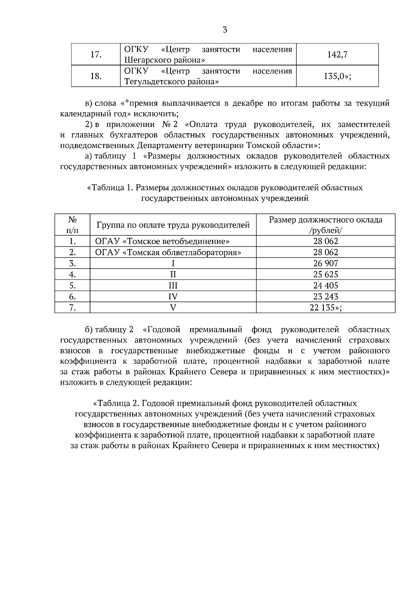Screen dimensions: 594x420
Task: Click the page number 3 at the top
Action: coord(225,30)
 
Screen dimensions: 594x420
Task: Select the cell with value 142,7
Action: coord(337,54)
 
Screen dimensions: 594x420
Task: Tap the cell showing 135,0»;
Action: coord(337,76)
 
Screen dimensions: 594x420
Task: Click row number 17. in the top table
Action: coord(96,54)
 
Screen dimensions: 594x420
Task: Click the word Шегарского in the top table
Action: coord(147,60)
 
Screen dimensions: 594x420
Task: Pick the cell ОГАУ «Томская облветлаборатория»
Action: coord(168,252)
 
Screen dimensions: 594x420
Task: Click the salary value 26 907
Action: coord(325,263)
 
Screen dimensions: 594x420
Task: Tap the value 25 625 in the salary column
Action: coord(325,274)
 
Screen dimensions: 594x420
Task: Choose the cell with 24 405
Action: coord(325,285)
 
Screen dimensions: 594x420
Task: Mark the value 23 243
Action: coord(325,297)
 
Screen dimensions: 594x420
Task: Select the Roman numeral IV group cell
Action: coord(173,297)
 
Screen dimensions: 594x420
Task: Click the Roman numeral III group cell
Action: coord(173,285)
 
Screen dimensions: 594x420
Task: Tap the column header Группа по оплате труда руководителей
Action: coord(173,225)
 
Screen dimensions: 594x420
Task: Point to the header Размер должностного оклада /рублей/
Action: coord(325,225)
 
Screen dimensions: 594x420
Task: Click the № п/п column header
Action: coord(72,225)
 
